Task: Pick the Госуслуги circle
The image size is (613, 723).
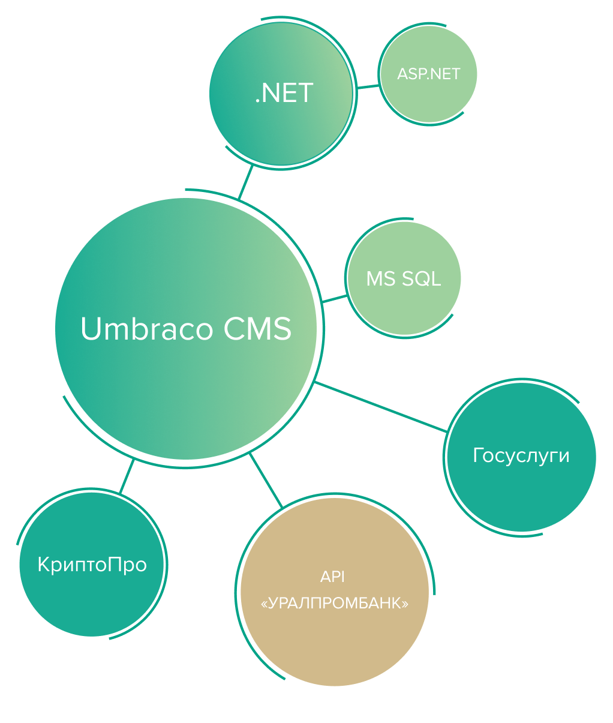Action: [x=521, y=486]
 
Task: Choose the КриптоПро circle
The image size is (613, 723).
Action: [x=92, y=594]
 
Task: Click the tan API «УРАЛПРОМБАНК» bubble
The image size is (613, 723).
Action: [x=334, y=642]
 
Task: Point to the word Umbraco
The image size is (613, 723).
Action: [x=146, y=329]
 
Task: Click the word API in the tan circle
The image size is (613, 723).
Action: [x=332, y=577]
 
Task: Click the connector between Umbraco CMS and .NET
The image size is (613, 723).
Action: [x=245, y=182]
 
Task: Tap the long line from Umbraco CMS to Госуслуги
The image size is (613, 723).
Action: [x=380, y=406]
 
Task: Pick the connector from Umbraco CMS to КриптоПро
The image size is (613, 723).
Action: [x=127, y=477]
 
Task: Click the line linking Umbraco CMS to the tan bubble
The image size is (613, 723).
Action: [x=266, y=481]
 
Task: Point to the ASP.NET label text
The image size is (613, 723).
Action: [x=428, y=74]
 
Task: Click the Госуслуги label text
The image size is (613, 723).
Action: [x=521, y=456]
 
